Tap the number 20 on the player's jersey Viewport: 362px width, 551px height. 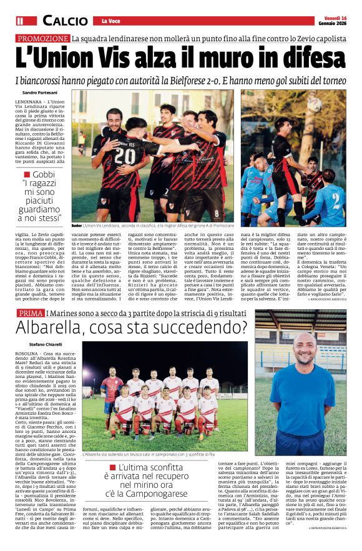124,155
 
